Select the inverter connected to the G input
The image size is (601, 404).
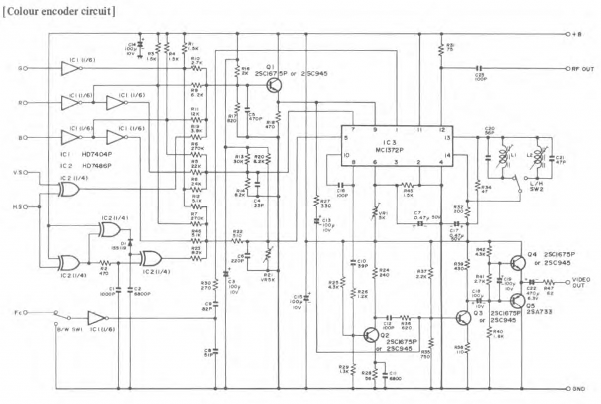point(70,69)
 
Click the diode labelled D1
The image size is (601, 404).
point(130,242)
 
